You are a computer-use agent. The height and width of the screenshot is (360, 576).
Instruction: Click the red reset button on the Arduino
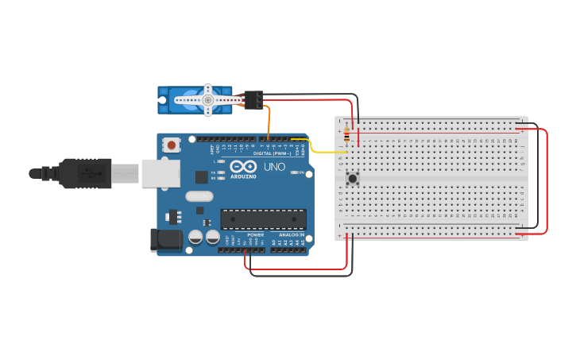click(171, 145)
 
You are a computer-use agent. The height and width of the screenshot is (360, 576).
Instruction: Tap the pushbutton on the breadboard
click(352, 178)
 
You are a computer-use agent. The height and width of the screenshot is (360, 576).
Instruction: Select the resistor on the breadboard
click(347, 136)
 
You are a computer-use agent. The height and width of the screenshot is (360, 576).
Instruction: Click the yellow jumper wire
click(318, 151)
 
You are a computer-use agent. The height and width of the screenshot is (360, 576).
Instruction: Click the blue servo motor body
click(179, 100)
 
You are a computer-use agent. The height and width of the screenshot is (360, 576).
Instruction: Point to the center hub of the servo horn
click(207, 100)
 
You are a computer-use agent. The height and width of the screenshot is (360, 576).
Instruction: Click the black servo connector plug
click(253, 99)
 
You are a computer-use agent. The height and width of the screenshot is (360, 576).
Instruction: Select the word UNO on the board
click(273, 167)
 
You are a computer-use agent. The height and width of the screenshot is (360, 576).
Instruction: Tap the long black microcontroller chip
click(263, 219)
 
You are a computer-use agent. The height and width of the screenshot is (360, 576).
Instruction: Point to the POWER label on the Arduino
click(255, 235)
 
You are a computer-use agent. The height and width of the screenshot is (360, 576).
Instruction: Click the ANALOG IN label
click(290, 235)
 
